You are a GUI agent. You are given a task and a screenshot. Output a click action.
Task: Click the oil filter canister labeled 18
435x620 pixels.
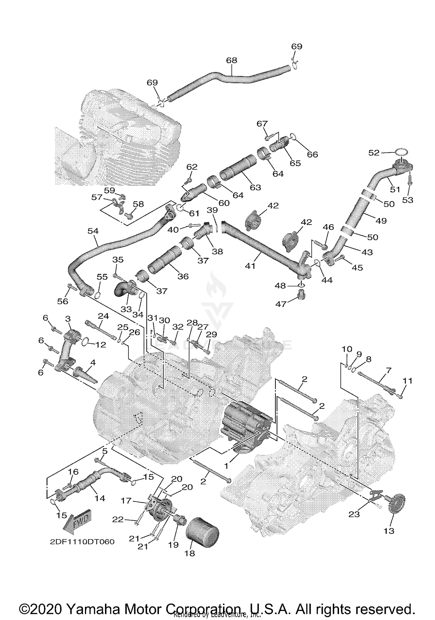tap(202, 532)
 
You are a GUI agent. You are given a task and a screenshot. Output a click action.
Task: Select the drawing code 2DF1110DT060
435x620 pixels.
tap(82, 542)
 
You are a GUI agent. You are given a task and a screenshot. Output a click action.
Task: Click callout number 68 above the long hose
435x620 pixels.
tap(231, 60)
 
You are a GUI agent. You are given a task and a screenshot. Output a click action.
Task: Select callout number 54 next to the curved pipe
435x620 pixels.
tap(93, 231)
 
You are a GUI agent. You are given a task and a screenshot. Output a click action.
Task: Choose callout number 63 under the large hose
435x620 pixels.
tap(255, 187)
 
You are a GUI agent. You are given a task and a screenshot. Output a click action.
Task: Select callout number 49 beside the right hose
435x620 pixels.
tap(381, 221)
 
